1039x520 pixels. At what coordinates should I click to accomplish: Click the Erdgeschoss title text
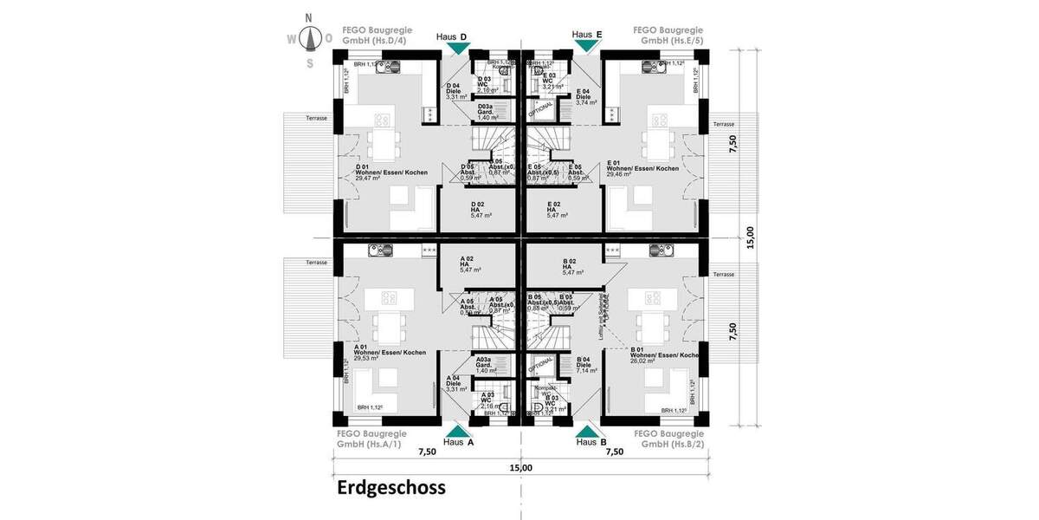(x=390, y=488)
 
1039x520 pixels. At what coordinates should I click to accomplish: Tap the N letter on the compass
(x=309, y=16)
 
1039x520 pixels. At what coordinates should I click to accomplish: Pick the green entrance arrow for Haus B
(x=587, y=430)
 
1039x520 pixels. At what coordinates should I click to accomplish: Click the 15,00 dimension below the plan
(x=520, y=468)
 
